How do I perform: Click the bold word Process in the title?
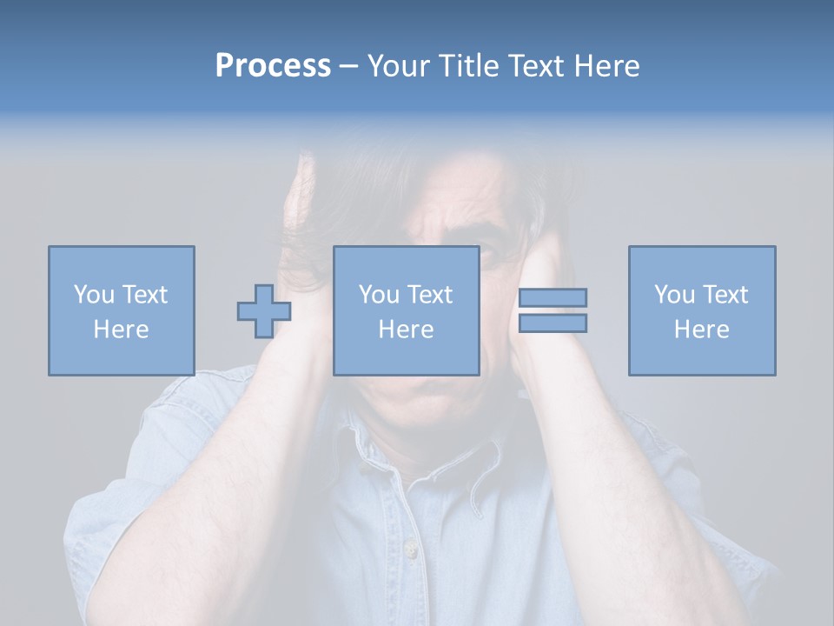tap(273, 66)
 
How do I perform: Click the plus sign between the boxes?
tap(264, 310)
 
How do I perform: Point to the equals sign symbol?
tap(553, 310)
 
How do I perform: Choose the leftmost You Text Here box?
tap(121, 310)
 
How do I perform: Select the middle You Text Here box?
tap(406, 310)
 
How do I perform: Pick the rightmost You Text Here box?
tap(701, 310)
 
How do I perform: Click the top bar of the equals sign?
tap(553, 297)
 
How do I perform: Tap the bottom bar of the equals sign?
tap(553, 323)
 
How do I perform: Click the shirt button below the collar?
tap(410, 549)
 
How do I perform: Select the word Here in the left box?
tap(121, 330)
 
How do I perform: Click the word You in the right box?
tap(674, 295)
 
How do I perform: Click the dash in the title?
tap(348, 66)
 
